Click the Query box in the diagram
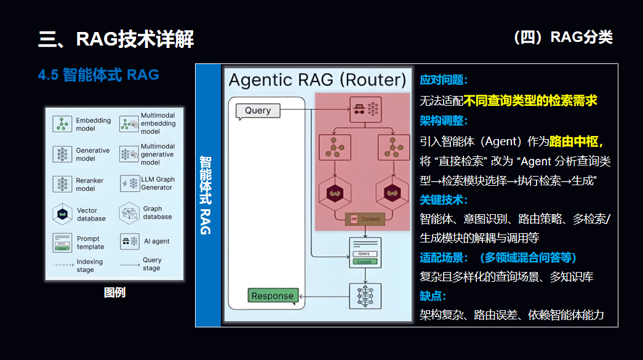(x=258, y=111)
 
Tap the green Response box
(x=273, y=296)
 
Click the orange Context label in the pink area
(x=365, y=219)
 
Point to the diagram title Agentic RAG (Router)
(x=318, y=80)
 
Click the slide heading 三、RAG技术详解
(x=116, y=39)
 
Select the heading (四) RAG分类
(x=562, y=38)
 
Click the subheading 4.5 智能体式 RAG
(x=98, y=75)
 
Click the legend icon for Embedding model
(x=62, y=124)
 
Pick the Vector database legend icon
(x=62, y=214)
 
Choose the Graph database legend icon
(x=130, y=213)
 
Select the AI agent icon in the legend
(x=129, y=241)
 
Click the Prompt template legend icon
(x=62, y=242)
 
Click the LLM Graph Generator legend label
(x=157, y=183)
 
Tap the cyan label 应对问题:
(x=444, y=80)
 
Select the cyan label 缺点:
(x=433, y=296)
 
